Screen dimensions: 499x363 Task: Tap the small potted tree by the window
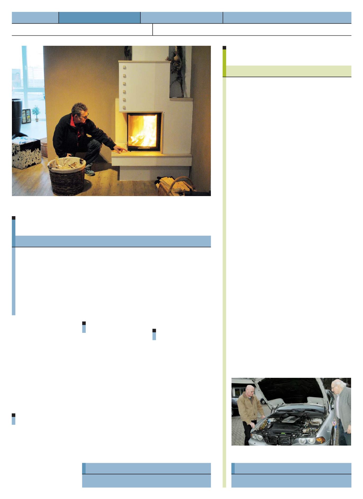click(x=36, y=113)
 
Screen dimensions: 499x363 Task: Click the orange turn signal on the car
click(x=321, y=440)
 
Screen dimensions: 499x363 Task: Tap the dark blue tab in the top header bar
click(x=99, y=17)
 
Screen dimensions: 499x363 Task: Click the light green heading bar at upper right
click(x=288, y=71)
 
